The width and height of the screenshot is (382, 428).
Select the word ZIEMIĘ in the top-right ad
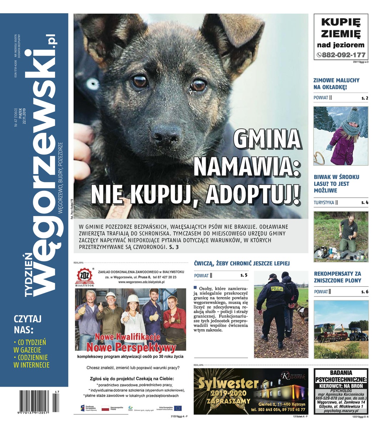pyautogui.click(x=341, y=34)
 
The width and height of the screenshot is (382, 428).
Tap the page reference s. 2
pyautogui.click(x=365, y=98)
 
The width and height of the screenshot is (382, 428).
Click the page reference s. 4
pyautogui.click(x=365, y=203)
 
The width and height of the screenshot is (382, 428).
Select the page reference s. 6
pyautogui.click(x=365, y=292)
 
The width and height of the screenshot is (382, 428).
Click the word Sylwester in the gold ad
pyautogui.click(x=228, y=384)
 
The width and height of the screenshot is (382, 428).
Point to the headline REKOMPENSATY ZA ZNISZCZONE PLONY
pyautogui.click(x=337, y=277)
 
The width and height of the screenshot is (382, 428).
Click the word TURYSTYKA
pyautogui.click(x=324, y=203)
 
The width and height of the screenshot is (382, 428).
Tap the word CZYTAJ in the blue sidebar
pyautogui.click(x=28, y=319)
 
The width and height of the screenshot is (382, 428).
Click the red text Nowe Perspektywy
pyautogui.click(x=131, y=347)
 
